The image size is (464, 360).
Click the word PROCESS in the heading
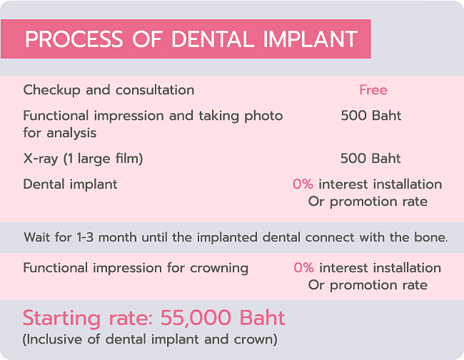(74, 39)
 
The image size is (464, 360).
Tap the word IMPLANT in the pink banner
(311, 39)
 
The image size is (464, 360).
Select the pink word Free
(373, 90)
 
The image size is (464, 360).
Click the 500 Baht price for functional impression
(370, 116)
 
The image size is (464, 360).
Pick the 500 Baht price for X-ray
(370, 159)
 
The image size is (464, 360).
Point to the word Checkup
(52, 90)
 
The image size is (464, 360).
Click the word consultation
(155, 90)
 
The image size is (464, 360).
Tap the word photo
(263, 116)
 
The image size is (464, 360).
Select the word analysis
(71, 134)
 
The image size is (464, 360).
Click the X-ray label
(41, 159)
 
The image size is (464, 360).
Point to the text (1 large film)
(104, 159)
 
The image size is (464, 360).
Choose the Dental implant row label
(71, 185)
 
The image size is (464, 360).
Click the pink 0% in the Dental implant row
(303, 184)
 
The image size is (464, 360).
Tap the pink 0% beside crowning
(303, 268)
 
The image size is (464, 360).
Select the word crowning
(219, 269)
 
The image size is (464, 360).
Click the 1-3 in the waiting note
(86, 237)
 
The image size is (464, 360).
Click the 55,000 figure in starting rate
(196, 319)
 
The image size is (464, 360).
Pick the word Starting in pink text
(61, 319)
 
